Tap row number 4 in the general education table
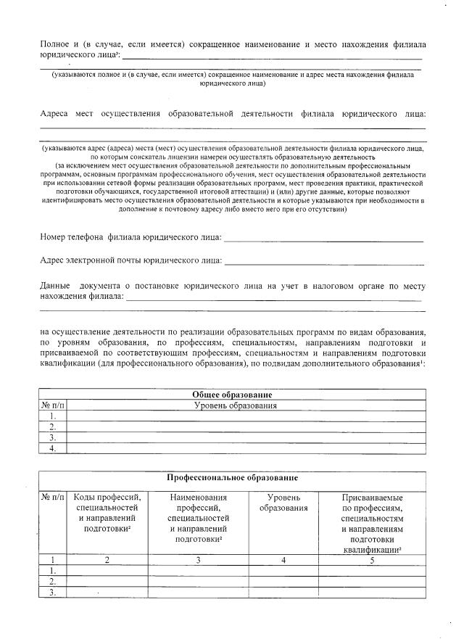coord(52,449)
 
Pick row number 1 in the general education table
coord(52,416)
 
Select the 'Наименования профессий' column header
coord(198,519)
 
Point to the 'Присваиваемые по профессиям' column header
coord(371,524)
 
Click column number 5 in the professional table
coord(371,560)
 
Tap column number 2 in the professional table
coord(107,560)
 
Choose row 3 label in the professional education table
coord(52,593)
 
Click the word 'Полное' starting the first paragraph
coord(55,44)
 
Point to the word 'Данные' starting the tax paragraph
coord(55,286)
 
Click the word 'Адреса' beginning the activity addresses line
coord(55,114)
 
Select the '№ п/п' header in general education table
coord(52,405)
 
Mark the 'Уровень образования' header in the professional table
coord(283,503)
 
